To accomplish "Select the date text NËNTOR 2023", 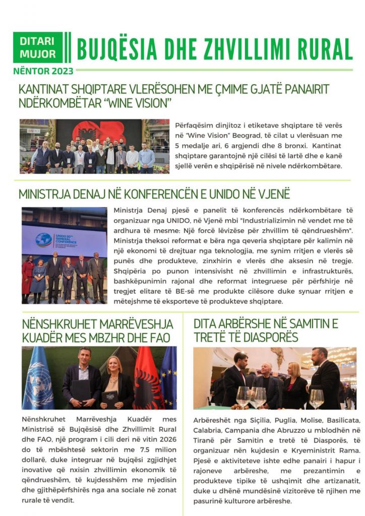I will tap(43, 71).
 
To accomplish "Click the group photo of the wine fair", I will tap(94, 146).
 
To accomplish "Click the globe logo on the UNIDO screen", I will tap(43, 240).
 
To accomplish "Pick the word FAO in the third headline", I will tap(157, 337).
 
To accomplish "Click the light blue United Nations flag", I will tap(38, 379).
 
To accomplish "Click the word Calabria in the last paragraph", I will tap(208, 430).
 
